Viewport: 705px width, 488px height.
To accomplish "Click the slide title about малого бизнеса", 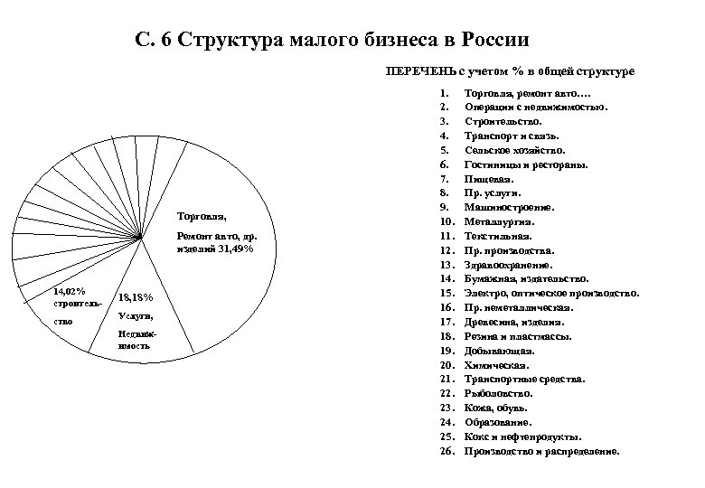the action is coord(331,40).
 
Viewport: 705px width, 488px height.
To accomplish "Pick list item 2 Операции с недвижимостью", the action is coord(536,106).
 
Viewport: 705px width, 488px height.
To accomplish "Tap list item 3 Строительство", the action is coord(503,120).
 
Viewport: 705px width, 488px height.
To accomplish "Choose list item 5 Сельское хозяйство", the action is coord(514,149).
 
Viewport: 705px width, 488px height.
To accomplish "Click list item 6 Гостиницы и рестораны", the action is coord(526,164).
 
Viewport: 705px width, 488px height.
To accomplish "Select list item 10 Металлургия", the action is coord(499,221).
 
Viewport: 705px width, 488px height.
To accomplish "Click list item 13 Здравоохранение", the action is coord(507,264).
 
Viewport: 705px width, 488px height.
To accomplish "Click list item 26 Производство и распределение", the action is coord(541,450).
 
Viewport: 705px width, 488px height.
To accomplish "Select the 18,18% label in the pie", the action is coord(136,298).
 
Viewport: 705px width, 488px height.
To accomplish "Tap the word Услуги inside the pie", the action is coord(136,316).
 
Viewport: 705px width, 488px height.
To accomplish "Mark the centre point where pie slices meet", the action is coord(143,238).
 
